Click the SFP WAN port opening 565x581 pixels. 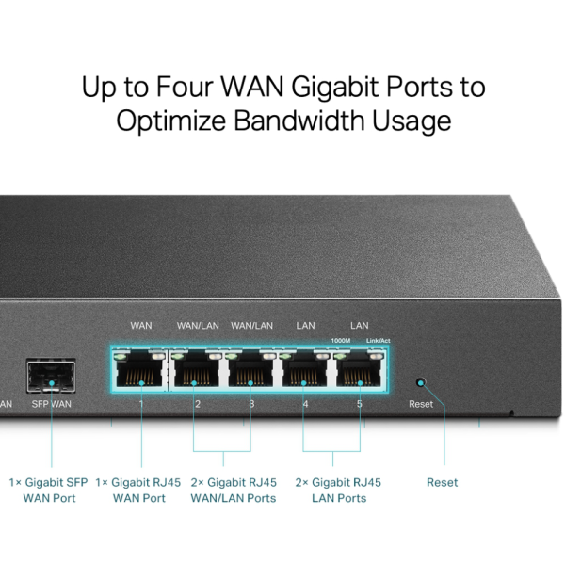coord(51,376)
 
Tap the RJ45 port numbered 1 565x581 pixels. coord(139,369)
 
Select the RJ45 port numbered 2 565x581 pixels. coord(197,369)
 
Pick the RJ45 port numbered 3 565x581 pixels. coord(250,369)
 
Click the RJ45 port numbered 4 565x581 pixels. coord(304,369)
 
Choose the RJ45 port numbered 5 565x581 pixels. coord(359,369)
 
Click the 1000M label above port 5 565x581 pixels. coord(341,341)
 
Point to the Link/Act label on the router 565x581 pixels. coord(378,341)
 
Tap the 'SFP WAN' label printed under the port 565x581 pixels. coord(51,404)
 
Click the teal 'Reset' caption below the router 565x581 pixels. coord(442,482)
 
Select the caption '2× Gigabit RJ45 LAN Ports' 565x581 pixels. coord(338,491)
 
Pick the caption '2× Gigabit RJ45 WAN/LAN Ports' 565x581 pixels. coord(234,491)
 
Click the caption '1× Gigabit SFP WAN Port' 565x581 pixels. coord(49,491)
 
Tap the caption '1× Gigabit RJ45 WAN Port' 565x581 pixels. coord(138,491)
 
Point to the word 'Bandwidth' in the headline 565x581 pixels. coord(299,121)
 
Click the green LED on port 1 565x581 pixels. coord(120,357)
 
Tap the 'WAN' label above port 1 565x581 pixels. coord(141,325)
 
